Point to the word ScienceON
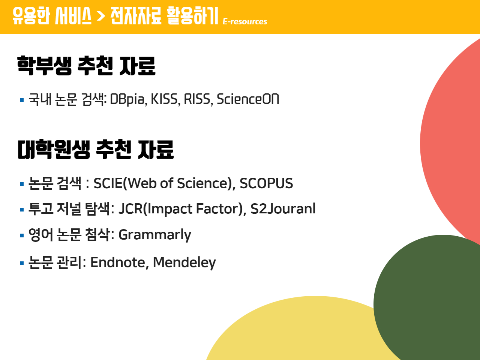pyautogui.click(x=248, y=99)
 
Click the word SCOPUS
pyautogui.click(x=266, y=183)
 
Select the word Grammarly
pyautogui.click(x=155, y=235)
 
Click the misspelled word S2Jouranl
pyautogui.click(x=283, y=208)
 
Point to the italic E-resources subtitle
pyautogui.click(x=245, y=21)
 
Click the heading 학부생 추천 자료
pyautogui.click(x=86, y=66)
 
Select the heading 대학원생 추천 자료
pyautogui.click(x=96, y=149)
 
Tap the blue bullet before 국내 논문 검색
pyautogui.click(x=22, y=100)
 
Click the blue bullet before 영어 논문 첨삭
pyautogui.click(x=22, y=235)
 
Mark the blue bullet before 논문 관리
pyautogui.click(x=22, y=263)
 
